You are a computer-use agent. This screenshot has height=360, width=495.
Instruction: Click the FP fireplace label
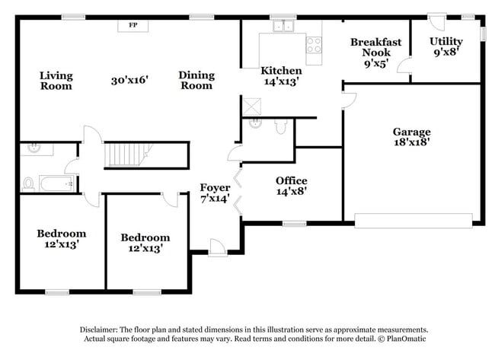click(133, 25)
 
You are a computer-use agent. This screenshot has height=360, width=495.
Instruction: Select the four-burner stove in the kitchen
click(313, 44)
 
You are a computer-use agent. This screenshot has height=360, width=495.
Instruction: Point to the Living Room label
click(56, 81)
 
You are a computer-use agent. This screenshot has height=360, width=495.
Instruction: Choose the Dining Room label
click(196, 81)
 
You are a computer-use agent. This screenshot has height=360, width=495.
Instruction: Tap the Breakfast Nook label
click(371, 48)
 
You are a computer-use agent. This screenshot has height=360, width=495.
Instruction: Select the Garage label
click(412, 131)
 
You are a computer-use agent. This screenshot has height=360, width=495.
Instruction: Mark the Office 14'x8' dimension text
click(291, 193)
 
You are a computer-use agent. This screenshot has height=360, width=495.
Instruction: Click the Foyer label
click(215, 187)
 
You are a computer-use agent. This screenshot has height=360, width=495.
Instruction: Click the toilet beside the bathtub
click(29, 183)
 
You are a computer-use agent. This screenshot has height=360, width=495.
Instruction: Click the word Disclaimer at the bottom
click(102, 328)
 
